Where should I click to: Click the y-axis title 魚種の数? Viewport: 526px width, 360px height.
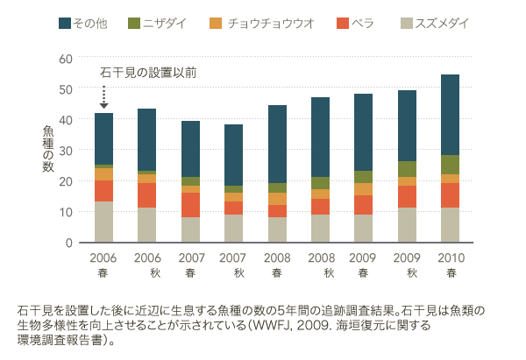click(x=48, y=149)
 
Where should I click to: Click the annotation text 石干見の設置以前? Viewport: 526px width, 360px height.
click(x=148, y=72)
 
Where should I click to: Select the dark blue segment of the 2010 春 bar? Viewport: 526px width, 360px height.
click(x=450, y=115)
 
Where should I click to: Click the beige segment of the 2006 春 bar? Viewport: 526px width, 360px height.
click(x=103, y=222)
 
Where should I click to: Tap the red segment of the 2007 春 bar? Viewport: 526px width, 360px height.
click(x=190, y=205)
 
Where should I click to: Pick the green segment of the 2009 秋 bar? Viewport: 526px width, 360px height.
click(x=407, y=169)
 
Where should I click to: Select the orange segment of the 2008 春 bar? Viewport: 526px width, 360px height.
click(x=277, y=199)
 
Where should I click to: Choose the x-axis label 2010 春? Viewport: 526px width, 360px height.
click(x=450, y=266)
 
